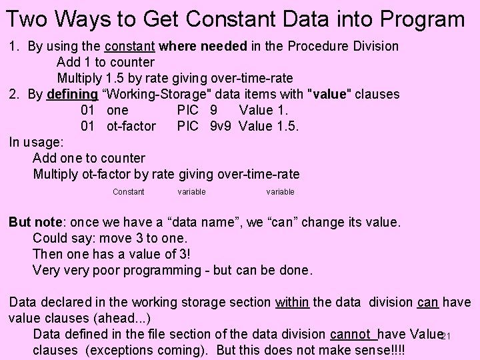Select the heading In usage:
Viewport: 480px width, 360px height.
[36, 142]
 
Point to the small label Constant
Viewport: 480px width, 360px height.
[128, 192]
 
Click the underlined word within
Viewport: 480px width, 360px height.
[292, 302]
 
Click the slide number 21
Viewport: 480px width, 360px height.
[447, 336]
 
